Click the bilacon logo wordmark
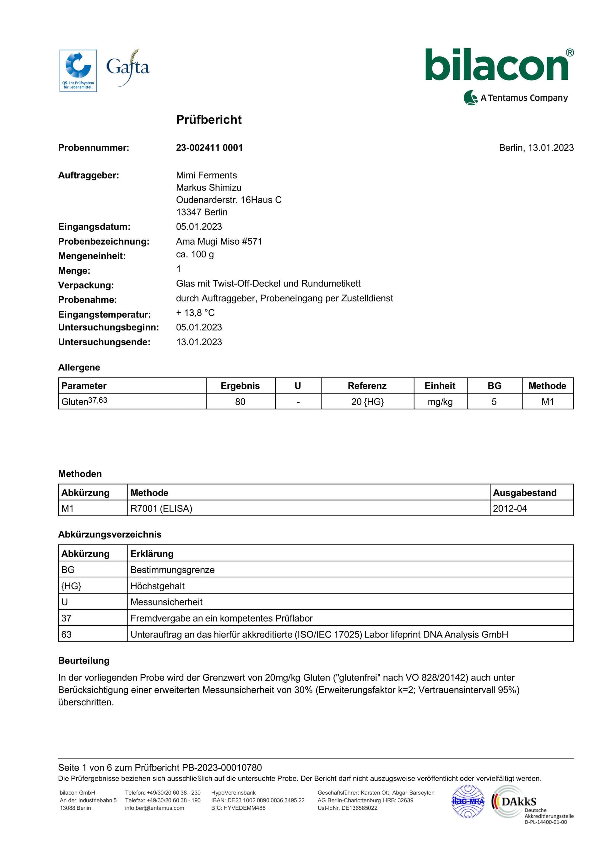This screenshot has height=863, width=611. point(497,66)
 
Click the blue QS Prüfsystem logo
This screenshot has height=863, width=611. point(78,71)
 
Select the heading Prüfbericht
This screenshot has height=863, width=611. point(209,119)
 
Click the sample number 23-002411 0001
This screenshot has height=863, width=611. point(209,148)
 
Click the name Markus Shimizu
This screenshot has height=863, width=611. point(208,188)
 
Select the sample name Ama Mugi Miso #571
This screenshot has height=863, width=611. point(219,241)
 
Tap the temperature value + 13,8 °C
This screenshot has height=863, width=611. point(195,313)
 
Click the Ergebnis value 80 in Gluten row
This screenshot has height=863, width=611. point(240,402)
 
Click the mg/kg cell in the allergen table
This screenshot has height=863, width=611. point(440,402)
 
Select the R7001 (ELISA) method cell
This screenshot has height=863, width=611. point(161,509)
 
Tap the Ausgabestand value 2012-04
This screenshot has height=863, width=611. point(510,509)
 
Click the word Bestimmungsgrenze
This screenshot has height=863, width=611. point(172,570)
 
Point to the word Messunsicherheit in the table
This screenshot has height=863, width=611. point(166,602)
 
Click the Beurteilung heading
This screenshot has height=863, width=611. point(84,661)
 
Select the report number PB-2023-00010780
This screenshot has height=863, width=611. point(222,768)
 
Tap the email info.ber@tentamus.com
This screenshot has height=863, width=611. point(154,808)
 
